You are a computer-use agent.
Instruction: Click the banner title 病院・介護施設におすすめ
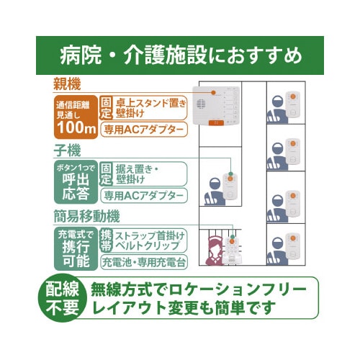(180, 55)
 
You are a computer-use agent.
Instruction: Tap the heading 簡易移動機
(86, 216)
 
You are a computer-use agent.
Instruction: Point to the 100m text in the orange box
(75, 128)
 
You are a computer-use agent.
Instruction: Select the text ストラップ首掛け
(150, 235)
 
